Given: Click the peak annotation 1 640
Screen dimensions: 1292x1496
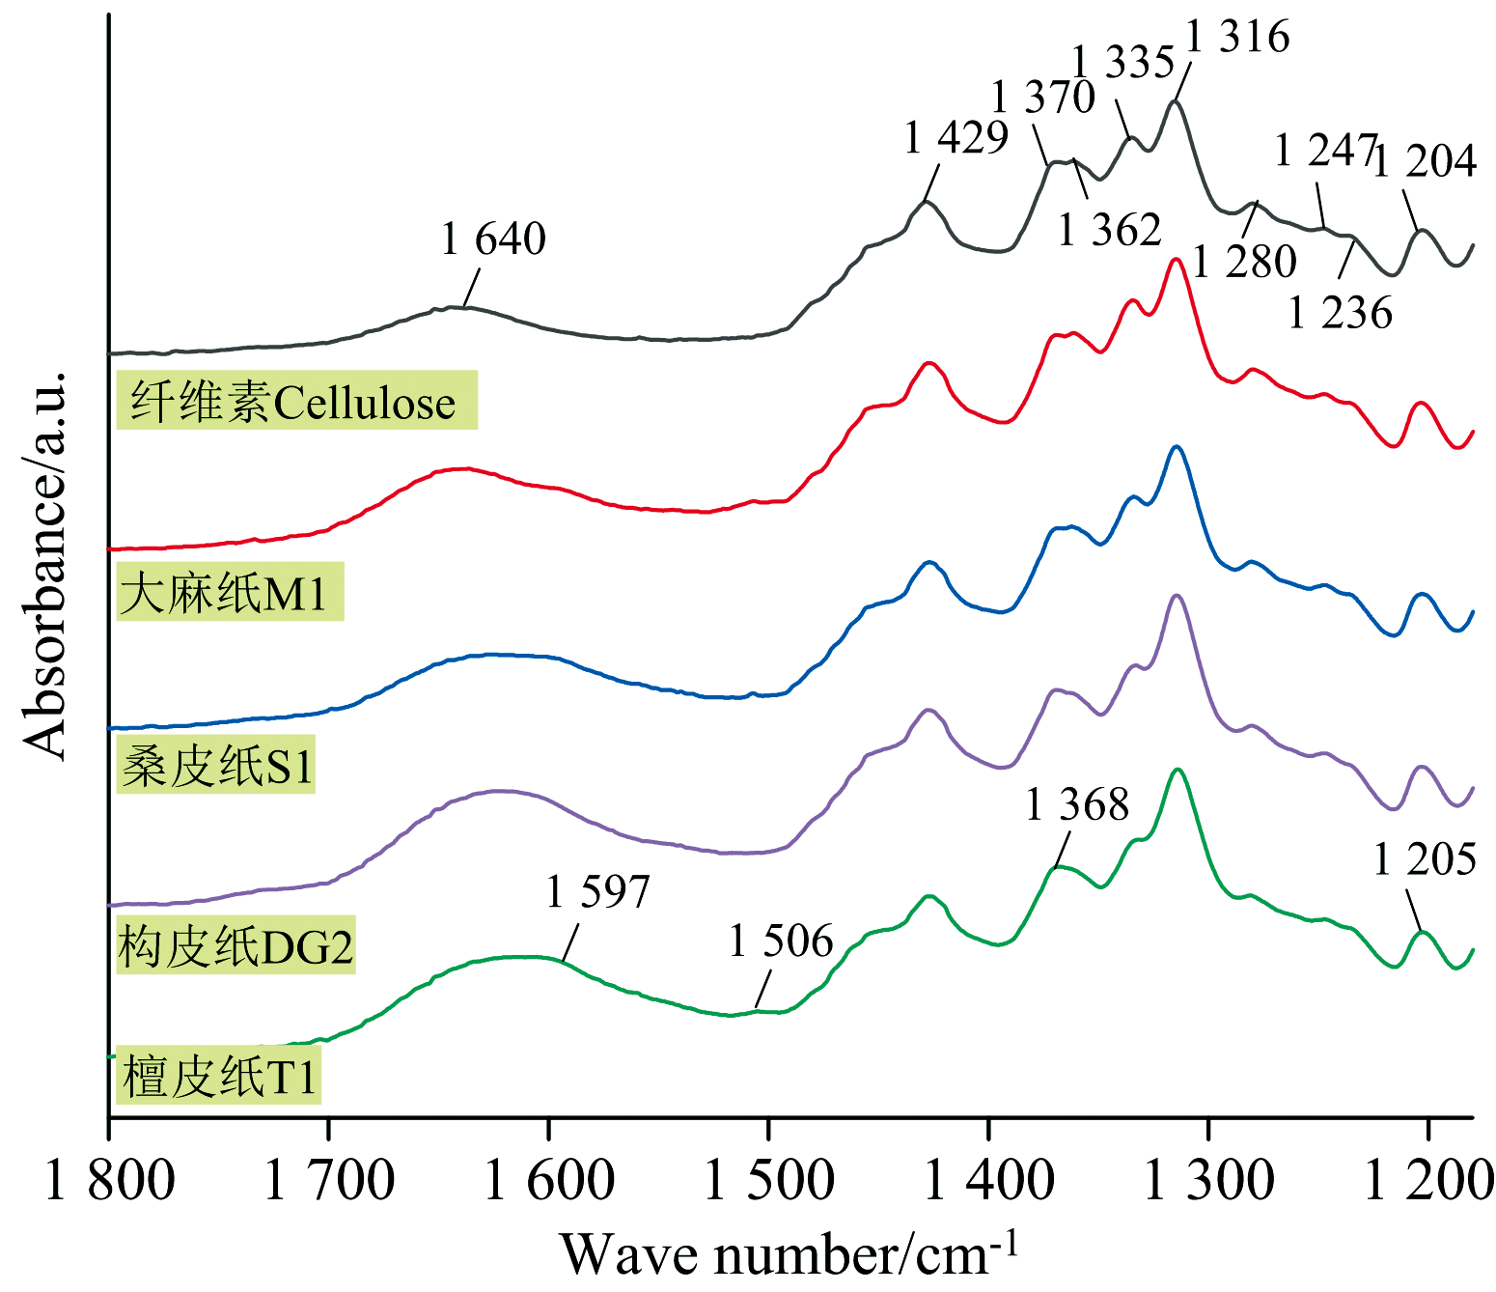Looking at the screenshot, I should point(493,239).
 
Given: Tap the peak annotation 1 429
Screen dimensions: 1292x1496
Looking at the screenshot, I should point(956,138).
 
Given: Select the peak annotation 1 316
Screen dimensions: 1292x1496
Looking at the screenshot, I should point(1237,37).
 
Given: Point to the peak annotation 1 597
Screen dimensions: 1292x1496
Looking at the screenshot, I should point(598,891).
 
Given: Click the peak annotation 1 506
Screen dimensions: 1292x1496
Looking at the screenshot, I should point(781,941).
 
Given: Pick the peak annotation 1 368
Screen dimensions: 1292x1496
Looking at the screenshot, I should point(1076,804).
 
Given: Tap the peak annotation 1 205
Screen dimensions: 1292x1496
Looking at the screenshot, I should point(1425,858).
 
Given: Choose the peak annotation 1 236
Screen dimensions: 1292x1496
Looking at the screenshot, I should point(1341,313).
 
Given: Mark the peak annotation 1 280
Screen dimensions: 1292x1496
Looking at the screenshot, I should point(1245,261).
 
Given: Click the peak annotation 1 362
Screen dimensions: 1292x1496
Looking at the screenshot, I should point(1109,230).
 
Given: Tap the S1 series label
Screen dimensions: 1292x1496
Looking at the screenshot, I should point(218,767).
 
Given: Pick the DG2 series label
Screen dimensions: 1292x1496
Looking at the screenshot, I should point(235,946).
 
